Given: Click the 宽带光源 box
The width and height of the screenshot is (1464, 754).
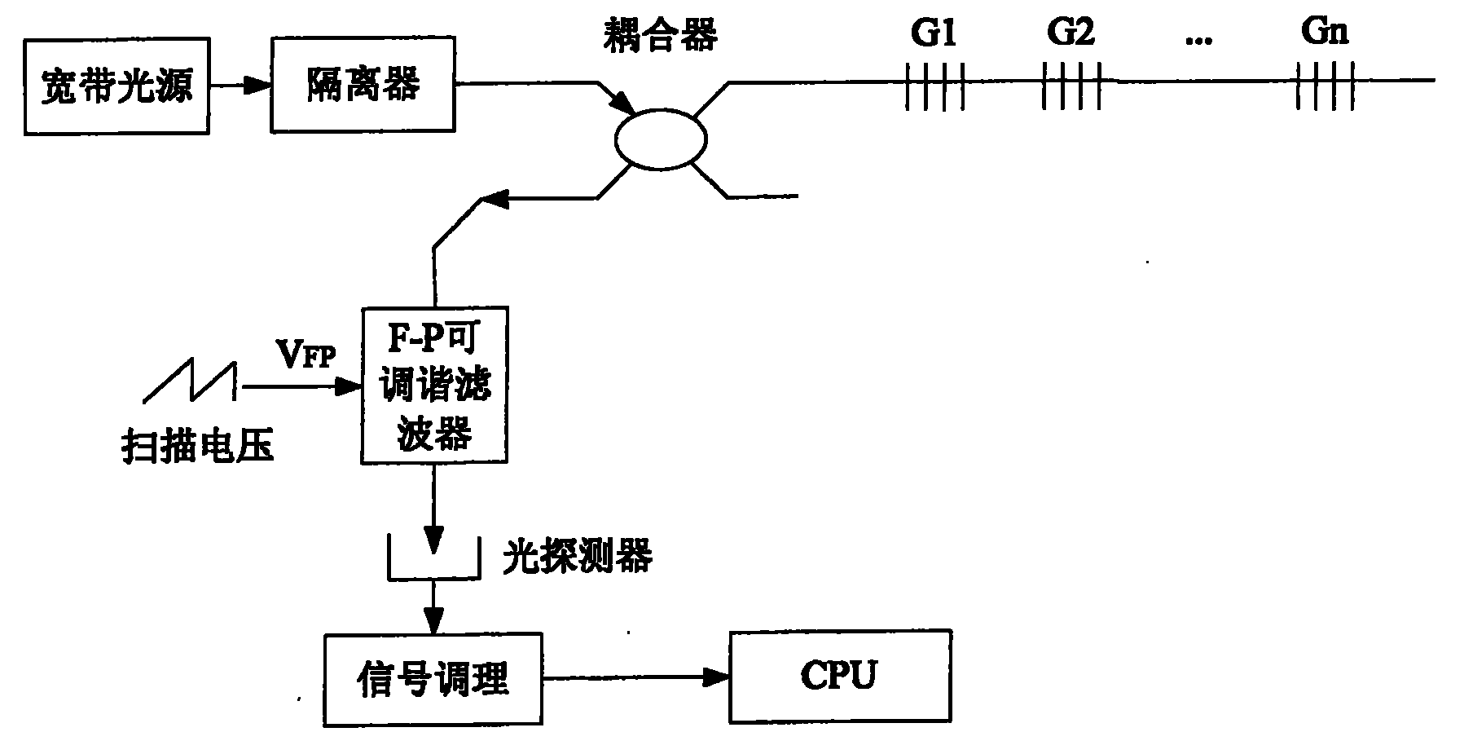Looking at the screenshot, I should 117,86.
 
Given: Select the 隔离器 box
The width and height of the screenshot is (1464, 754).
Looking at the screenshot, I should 363,85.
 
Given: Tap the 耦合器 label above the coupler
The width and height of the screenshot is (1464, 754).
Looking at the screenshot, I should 660,37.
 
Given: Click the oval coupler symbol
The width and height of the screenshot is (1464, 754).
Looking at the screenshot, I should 660,140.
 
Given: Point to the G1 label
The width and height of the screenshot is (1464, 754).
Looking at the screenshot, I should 933,33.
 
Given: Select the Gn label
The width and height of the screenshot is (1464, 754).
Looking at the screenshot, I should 1324,33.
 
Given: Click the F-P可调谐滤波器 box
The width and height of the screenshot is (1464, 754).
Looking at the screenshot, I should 434,386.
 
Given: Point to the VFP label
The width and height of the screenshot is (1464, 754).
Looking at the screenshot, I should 306,355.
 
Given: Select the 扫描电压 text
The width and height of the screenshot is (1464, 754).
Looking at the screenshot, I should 198,448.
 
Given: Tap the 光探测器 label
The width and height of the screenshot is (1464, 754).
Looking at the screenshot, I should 577,558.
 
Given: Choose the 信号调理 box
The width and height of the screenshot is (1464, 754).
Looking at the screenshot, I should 433,680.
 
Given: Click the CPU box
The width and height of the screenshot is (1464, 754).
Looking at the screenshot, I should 839,676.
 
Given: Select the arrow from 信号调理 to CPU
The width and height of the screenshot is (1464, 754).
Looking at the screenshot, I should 635,676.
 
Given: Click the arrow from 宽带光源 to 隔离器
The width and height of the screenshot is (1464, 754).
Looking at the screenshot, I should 240,84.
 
